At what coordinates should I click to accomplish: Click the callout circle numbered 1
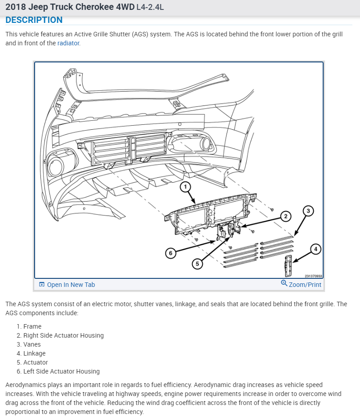pos(185,186)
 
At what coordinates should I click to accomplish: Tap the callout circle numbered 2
pos(285,216)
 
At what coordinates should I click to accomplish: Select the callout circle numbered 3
pos(308,211)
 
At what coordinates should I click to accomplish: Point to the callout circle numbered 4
pos(316,249)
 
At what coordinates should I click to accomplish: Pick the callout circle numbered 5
pos(196,264)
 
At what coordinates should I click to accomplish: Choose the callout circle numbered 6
pos(170,253)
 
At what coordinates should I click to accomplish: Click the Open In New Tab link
pos(71,285)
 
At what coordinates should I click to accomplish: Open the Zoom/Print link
pos(305,285)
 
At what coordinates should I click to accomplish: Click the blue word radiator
pos(68,44)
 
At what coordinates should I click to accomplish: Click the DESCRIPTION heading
pos(34,20)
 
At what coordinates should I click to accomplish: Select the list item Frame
pos(32,326)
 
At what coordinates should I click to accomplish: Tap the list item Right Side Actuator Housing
pos(63,335)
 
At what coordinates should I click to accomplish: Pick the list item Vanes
pos(32,344)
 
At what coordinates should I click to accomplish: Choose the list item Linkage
pos(35,353)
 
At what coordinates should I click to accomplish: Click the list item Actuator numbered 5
pos(36,362)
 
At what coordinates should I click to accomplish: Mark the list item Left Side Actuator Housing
pos(62,371)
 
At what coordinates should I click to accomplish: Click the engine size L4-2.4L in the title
pos(150,7)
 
